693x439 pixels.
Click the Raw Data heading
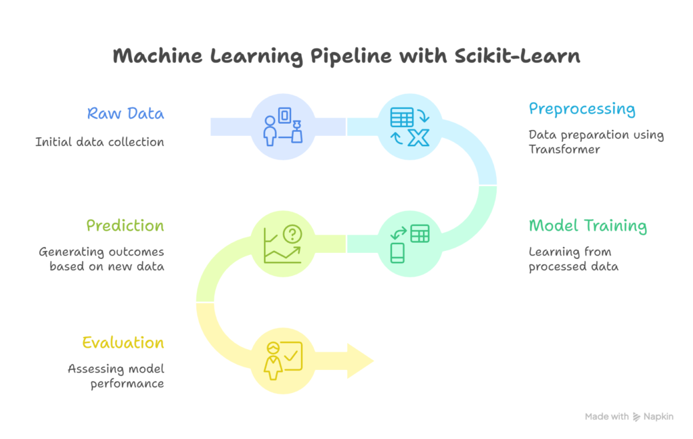pos(125,114)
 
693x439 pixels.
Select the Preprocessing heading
pos(582,109)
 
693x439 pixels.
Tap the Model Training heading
pos(588,226)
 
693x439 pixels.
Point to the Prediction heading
pos(125,226)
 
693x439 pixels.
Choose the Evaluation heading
pos(123,343)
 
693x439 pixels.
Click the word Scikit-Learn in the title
pos(517,56)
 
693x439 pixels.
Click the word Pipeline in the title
pos(351,57)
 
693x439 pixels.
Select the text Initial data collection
pos(100,142)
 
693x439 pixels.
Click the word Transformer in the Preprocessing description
pos(564,149)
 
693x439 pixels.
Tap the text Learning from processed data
pos(573,259)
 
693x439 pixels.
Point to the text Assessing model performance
pos(116,376)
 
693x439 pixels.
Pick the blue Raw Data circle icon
pos(283,126)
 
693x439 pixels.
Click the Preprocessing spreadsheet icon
pos(402,118)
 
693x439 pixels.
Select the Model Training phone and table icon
pos(409,244)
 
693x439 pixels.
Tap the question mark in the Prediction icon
pos(292,234)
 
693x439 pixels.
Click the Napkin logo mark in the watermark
pos(636,417)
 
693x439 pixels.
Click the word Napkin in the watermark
pos(658,417)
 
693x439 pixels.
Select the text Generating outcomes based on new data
pos(102,259)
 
